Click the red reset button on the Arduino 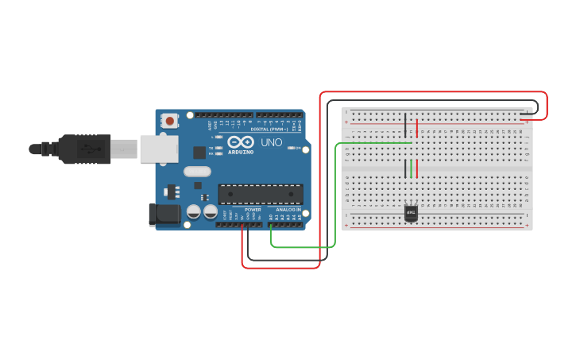169,122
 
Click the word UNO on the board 273,143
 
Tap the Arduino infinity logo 240,141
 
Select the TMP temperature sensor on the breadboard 412,213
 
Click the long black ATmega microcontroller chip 261,194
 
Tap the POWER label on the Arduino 253,210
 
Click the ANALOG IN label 288,210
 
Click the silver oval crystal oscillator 197,171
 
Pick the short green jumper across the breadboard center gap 412,168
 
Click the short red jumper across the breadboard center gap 417,168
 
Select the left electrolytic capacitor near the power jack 193,211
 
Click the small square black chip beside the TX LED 199,152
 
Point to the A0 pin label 271,216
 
